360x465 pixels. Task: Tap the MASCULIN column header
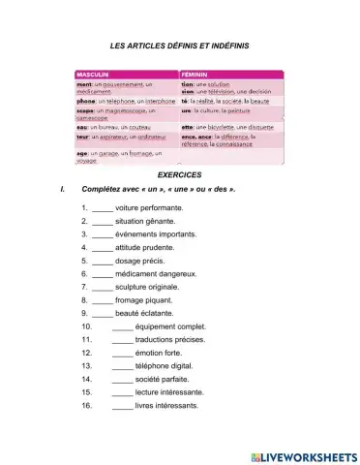[x=92, y=74]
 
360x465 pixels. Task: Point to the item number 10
[x=87, y=327]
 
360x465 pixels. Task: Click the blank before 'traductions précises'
[x=123, y=340]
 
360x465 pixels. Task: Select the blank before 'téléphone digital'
[x=123, y=366]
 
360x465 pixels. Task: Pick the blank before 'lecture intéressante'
[x=123, y=392]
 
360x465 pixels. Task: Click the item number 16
[x=87, y=406]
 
